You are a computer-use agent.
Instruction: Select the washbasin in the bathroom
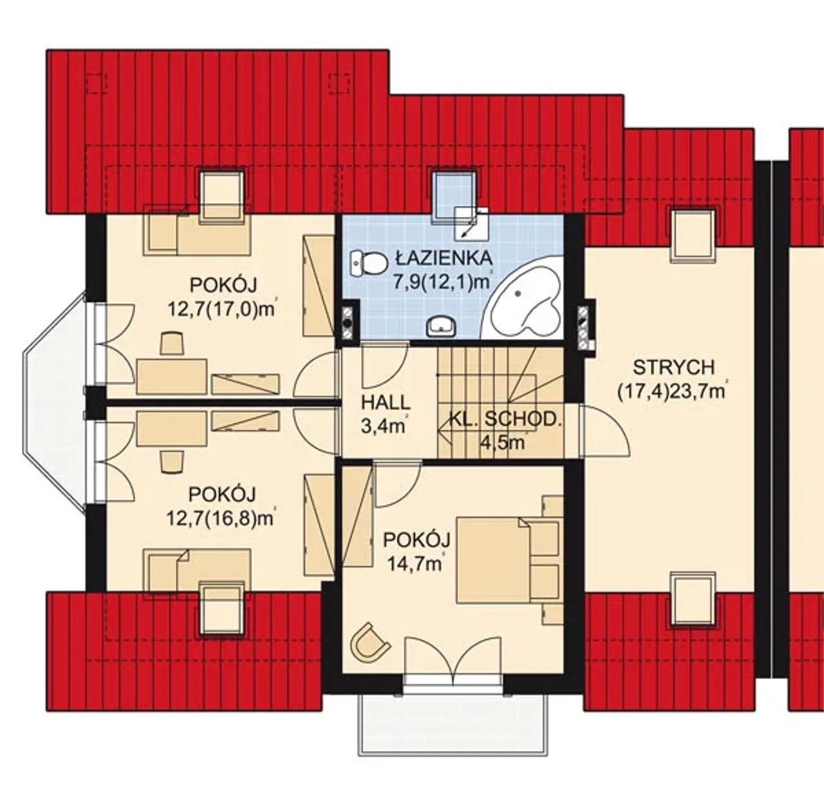tap(441, 326)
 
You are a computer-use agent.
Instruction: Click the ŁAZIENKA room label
tap(444, 257)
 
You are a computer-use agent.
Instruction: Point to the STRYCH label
tap(673, 367)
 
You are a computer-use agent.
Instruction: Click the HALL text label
tap(386, 402)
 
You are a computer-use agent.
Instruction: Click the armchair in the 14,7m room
tap(370, 642)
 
